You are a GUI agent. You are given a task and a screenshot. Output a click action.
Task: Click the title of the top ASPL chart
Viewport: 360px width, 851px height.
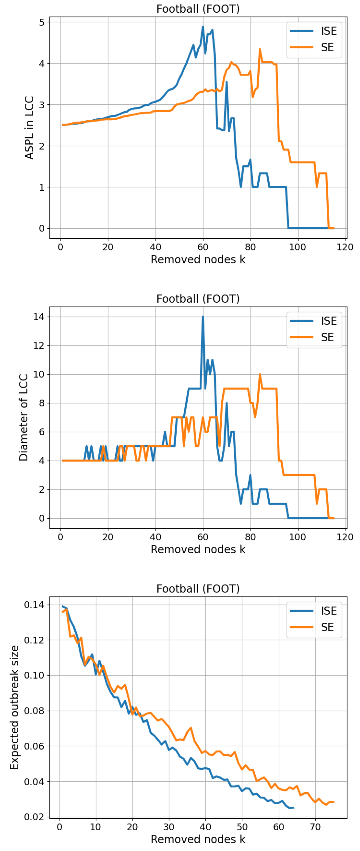(x=198, y=9)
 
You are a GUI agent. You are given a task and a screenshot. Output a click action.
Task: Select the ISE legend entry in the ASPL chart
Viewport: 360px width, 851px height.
(x=329, y=31)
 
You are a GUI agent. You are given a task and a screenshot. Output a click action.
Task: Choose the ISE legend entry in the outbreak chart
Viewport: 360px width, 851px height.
(x=329, y=611)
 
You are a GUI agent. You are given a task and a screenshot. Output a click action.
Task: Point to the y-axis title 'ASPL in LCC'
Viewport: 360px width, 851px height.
(x=29, y=128)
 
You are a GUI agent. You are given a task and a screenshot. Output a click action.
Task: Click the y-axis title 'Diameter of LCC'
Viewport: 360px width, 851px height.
(x=23, y=417)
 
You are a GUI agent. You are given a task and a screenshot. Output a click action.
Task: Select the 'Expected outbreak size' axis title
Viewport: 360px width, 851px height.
(x=15, y=707)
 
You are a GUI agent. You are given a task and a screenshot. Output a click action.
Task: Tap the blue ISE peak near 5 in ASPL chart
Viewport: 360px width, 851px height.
(x=203, y=27)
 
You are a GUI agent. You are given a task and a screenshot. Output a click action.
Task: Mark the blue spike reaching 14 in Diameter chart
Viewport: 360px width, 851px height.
(x=203, y=317)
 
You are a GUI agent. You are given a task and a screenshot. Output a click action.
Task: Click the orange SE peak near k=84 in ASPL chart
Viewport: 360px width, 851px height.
(x=260, y=49)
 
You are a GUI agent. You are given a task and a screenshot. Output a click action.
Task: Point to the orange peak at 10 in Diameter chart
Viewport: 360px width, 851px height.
(x=260, y=374)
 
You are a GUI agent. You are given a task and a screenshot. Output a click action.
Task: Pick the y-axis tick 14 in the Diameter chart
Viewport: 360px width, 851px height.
(x=39, y=316)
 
